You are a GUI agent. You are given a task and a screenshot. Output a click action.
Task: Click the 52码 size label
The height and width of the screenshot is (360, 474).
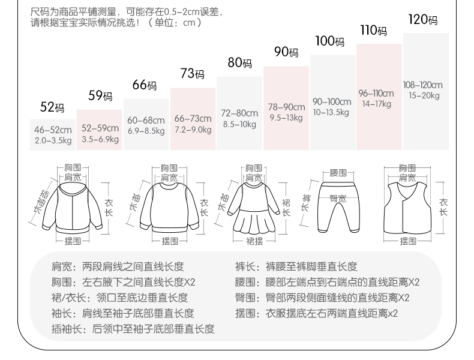click(x=52, y=107)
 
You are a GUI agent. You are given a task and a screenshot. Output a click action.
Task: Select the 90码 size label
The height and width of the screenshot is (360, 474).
click(x=286, y=52)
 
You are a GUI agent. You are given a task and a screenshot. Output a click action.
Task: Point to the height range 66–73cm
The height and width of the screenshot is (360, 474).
click(x=193, y=119)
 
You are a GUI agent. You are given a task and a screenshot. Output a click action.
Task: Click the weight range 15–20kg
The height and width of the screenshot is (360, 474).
click(x=424, y=95)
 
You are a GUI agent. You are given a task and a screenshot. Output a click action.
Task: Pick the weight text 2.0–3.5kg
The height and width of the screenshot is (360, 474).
click(x=53, y=140)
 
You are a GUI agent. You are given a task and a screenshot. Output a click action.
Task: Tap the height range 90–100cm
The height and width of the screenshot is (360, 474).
click(x=332, y=101)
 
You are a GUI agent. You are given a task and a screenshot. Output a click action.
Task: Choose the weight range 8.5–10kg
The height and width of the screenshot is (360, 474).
click(x=239, y=124)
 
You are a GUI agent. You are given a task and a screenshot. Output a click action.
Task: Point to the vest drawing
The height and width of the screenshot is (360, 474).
click(x=408, y=207)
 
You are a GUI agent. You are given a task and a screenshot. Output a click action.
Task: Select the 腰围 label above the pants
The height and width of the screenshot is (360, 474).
click(x=338, y=172)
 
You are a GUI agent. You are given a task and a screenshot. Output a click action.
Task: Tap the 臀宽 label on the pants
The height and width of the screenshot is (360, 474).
click(x=338, y=197)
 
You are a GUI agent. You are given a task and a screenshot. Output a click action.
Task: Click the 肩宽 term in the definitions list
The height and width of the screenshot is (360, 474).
click(x=61, y=267)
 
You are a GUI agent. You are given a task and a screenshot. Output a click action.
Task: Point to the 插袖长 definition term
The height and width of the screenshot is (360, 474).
click(x=66, y=328)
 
